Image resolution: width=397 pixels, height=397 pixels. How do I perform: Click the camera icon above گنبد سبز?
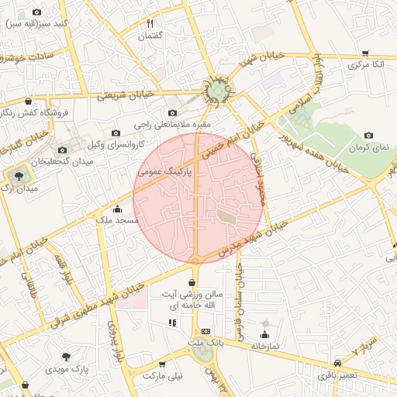[x=37, y=12]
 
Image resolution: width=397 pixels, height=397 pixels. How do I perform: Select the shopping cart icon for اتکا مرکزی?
[x=365, y=53]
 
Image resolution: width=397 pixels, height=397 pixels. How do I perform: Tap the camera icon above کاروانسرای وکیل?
[x=116, y=133]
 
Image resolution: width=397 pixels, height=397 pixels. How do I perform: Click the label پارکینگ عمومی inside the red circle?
[x=165, y=169]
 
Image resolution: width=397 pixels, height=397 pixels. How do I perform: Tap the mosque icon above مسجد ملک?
[x=117, y=209]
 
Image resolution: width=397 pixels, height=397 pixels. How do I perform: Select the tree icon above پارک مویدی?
[x=67, y=357]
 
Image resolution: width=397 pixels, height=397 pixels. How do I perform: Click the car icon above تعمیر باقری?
[x=337, y=364]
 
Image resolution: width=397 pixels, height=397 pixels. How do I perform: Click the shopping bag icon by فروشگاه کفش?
[x=29, y=101]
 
